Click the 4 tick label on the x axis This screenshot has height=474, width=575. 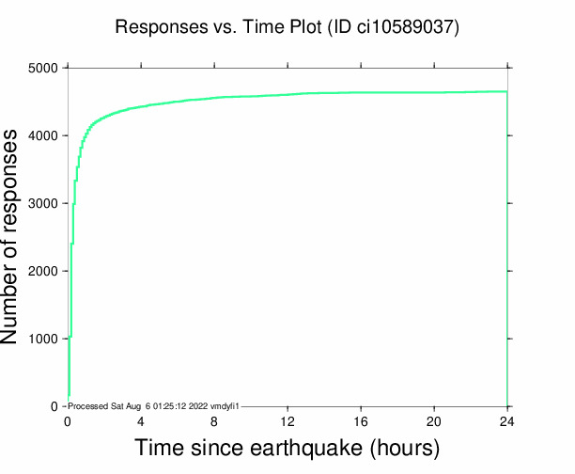pyautogui.click(x=141, y=420)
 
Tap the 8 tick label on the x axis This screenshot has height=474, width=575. pyautogui.click(x=214, y=420)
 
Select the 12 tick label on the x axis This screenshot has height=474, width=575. pyautogui.click(x=287, y=420)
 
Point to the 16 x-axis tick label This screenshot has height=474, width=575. pyautogui.click(x=361, y=420)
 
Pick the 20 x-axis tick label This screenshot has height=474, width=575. pyautogui.click(x=434, y=420)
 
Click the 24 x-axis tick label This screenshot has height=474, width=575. pyautogui.click(x=507, y=420)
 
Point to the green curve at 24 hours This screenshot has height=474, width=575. pyautogui.click(x=506, y=91)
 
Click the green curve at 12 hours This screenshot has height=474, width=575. pyautogui.click(x=287, y=94)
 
